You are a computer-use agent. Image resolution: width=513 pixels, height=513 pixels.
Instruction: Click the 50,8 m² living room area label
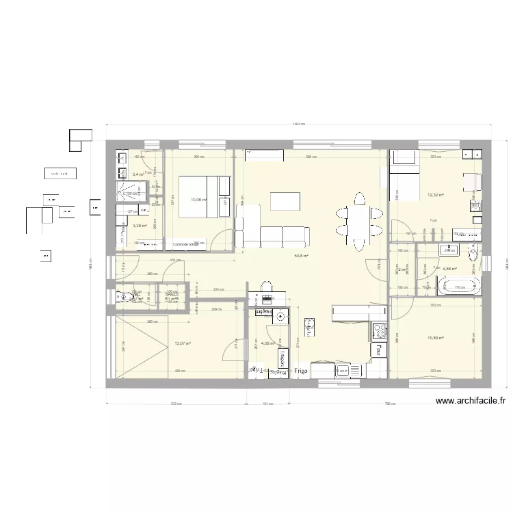point(301,256)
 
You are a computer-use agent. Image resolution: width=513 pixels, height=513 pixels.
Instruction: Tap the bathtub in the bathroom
point(459,286)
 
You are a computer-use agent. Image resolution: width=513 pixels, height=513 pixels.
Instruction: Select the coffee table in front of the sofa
point(285,201)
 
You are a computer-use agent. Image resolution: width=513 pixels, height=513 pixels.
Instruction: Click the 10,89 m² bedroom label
point(436,338)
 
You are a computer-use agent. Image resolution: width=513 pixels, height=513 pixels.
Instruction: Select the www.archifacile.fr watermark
point(470,402)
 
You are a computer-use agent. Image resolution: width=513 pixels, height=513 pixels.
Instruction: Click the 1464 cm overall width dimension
point(298,124)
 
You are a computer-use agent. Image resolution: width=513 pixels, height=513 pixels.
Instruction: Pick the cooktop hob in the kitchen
point(378,332)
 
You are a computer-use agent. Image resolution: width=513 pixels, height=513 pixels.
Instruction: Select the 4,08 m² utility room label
point(268,344)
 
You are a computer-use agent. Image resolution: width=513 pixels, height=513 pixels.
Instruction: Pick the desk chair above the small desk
point(267,286)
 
